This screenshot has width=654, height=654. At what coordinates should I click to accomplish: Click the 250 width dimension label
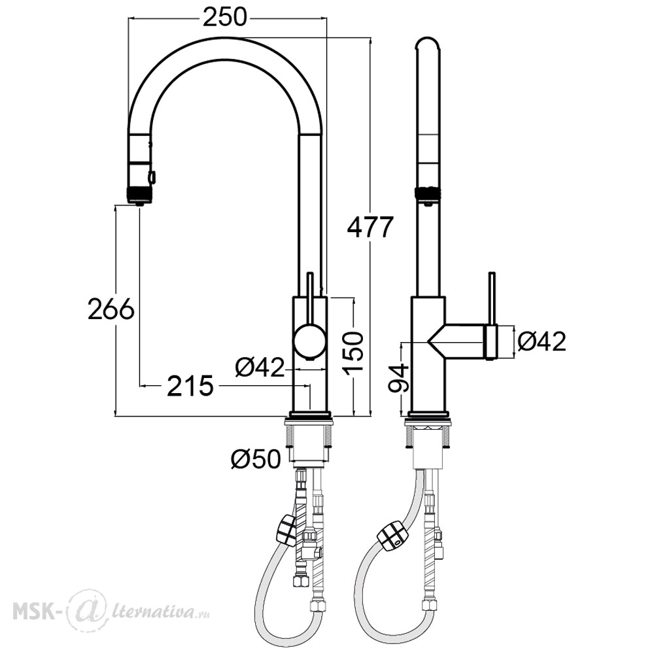point(225,18)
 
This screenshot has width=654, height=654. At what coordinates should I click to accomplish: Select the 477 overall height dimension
point(370,228)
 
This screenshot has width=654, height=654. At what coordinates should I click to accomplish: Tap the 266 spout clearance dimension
point(111,309)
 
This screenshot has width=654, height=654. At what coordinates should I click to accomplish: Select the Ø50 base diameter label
point(256,459)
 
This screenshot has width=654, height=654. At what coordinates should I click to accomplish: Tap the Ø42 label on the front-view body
point(260,367)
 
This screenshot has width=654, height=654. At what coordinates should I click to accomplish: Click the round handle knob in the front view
point(309,340)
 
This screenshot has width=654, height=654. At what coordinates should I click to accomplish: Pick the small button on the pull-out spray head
point(152,177)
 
